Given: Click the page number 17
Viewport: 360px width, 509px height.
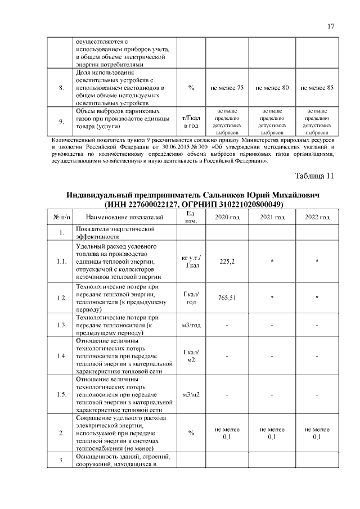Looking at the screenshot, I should pyautogui.click(x=331, y=26).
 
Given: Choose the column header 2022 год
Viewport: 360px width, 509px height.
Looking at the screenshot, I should pyautogui.click(x=317, y=217).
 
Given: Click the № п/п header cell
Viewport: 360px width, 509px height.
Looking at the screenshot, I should pyautogui.click(x=61, y=217).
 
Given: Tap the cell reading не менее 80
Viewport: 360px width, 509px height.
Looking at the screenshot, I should pyautogui.click(x=272, y=88).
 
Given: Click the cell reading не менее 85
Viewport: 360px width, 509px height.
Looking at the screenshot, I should pyautogui.click(x=317, y=88).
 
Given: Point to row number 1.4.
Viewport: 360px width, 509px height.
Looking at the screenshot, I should pyautogui.click(x=61, y=357).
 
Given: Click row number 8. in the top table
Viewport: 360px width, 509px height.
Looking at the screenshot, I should pyautogui.click(x=61, y=88).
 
